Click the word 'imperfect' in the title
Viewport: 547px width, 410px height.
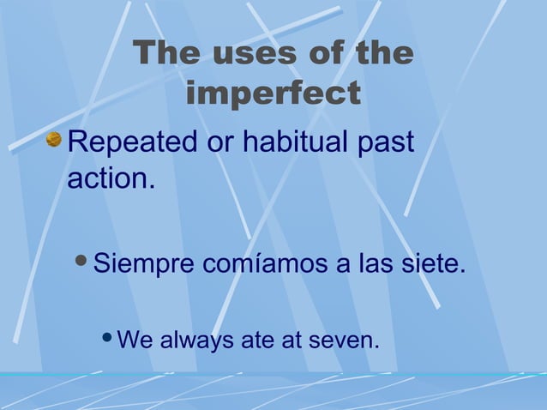click(x=273, y=94)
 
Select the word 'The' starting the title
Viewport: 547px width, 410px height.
click(x=167, y=54)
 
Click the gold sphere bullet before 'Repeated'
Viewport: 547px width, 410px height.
click(x=55, y=139)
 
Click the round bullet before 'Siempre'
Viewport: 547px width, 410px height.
click(x=81, y=262)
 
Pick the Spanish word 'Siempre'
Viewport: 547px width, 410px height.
click(x=143, y=263)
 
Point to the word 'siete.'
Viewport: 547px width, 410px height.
click(x=434, y=263)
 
